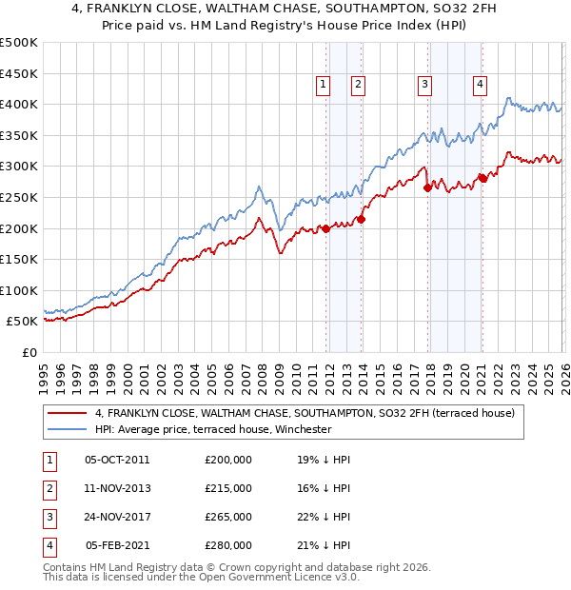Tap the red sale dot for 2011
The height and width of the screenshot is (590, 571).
325,228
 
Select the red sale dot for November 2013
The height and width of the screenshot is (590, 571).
361,219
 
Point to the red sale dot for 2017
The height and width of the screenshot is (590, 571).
427,188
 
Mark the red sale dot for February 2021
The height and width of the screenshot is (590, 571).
482,178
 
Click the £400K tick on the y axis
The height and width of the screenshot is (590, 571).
19,105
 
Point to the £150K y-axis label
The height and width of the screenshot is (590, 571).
19,259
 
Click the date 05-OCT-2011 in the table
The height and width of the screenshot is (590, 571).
117,459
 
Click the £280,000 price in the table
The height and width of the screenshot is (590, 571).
228,545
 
